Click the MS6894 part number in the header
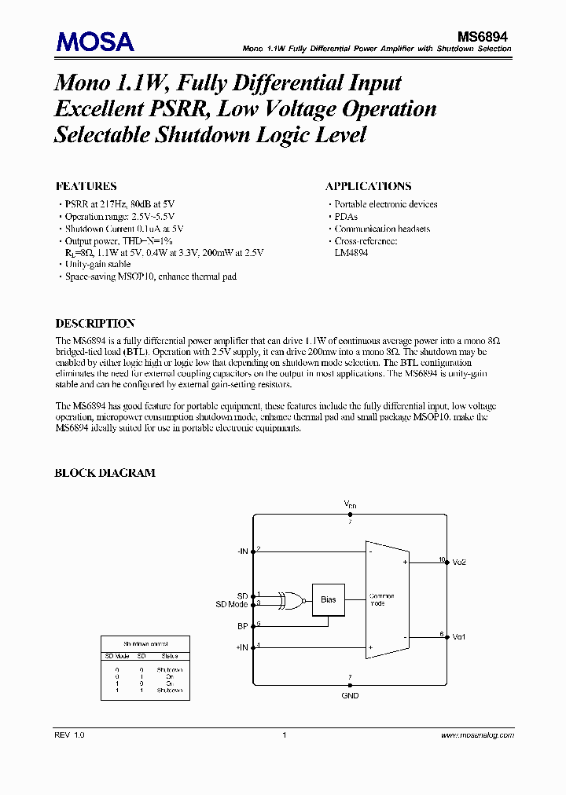484,35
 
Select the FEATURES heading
86,186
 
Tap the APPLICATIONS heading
368,186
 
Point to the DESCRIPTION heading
94,323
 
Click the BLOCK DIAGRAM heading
105,473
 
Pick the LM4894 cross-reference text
351,253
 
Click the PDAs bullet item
346,216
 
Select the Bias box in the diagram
329,599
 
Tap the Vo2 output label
459,562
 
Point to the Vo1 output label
459,636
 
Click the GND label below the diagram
350,695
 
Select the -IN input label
242,551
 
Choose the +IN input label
241,647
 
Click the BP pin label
243,626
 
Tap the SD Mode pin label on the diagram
232,604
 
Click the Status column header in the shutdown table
170,656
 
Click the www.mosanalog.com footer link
477,735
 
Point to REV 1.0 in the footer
69,735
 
